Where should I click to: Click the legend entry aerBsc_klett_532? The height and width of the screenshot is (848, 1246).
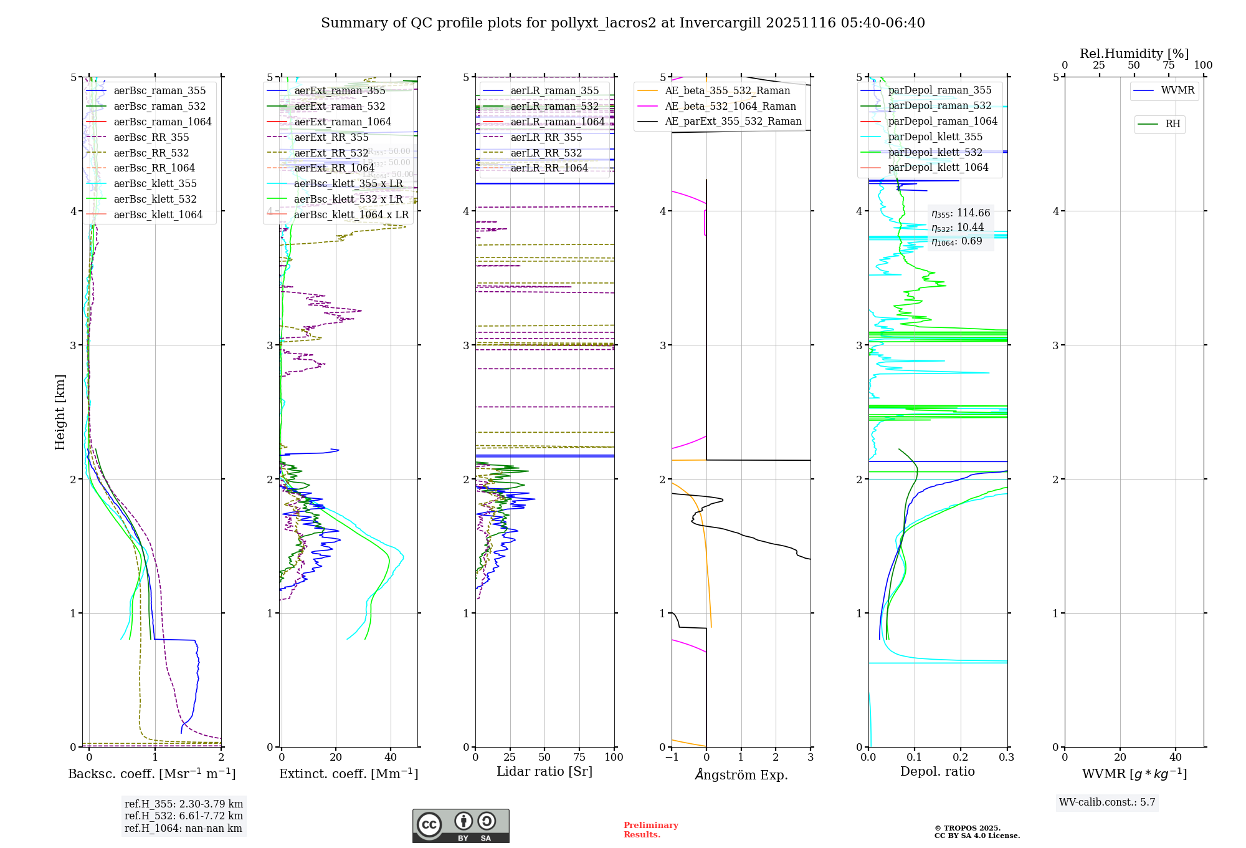tap(155, 200)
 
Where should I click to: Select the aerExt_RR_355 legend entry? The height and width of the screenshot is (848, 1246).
tap(331, 138)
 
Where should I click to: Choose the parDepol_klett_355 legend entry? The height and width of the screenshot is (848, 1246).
tap(935, 137)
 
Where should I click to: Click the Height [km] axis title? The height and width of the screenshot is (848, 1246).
tap(60, 412)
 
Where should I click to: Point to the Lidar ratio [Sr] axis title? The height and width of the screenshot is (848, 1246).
tap(544, 772)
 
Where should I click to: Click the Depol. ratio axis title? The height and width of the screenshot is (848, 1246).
tap(937, 772)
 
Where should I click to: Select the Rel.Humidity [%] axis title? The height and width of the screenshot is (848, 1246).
tap(1134, 54)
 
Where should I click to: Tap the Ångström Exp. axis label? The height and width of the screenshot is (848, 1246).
tap(741, 775)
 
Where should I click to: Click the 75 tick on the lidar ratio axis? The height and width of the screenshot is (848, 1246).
tap(579, 758)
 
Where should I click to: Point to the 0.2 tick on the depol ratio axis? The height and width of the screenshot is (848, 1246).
tap(961, 758)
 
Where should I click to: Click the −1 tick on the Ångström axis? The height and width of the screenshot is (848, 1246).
tap(672, 758)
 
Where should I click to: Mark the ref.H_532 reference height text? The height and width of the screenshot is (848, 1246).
tap(183, 816)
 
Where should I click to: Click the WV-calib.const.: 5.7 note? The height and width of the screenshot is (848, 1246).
tap(1107, 802)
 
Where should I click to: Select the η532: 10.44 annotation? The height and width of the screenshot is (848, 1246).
tap(958, 228)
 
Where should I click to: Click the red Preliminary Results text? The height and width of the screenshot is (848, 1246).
tap(650, 830)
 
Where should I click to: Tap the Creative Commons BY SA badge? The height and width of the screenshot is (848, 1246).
tap(460, 826)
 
